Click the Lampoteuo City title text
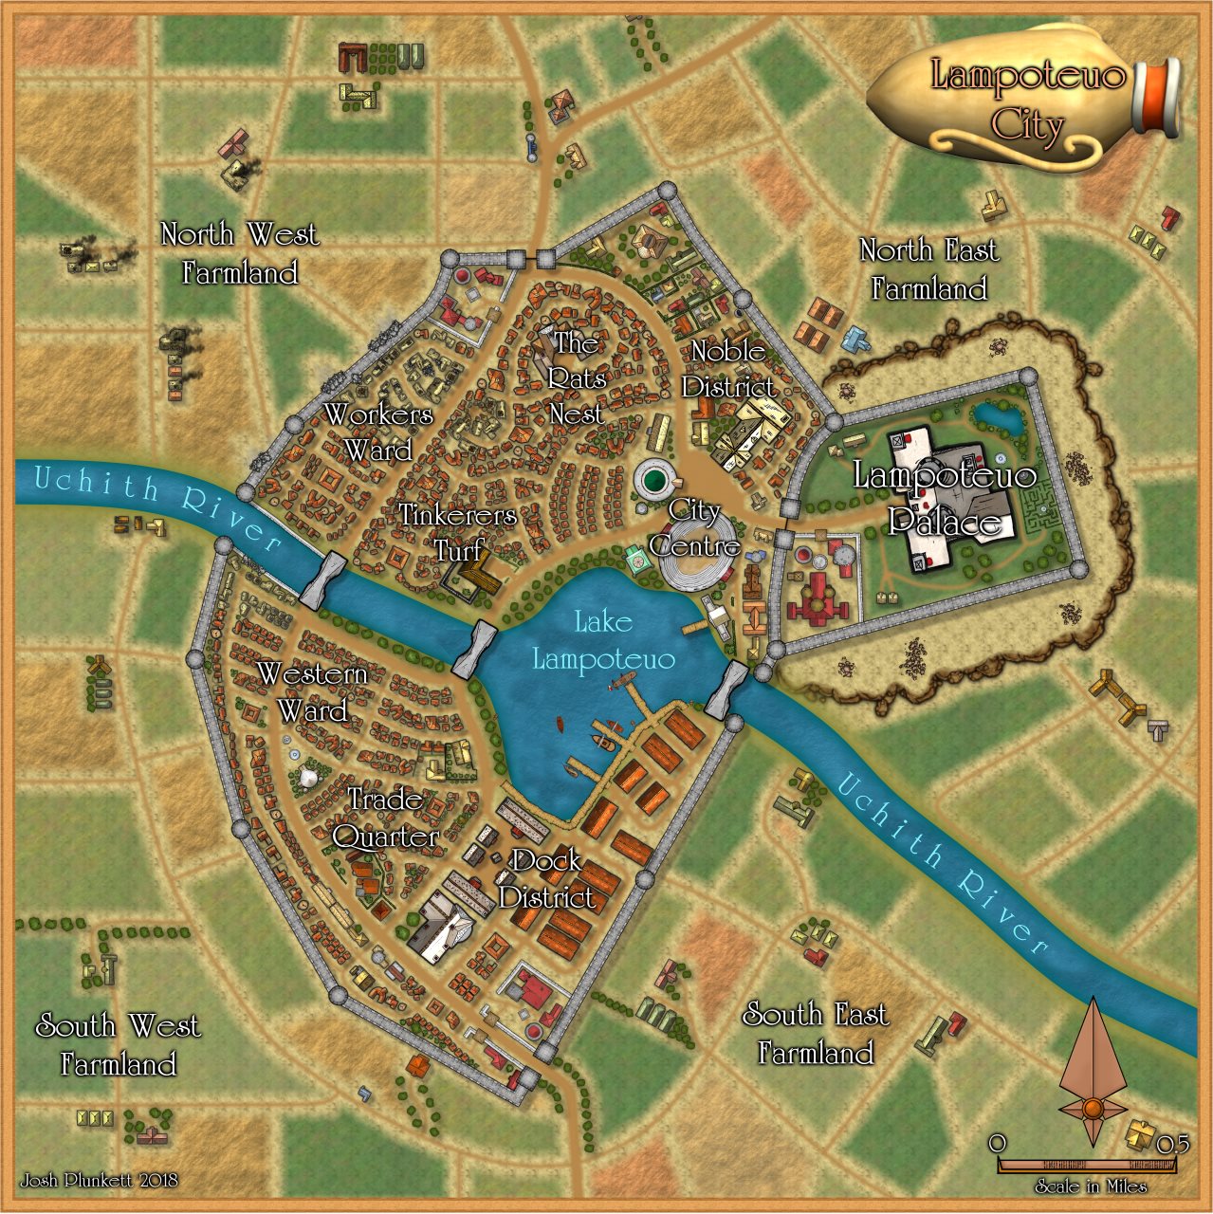(1027, 99)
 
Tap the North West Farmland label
(240, 253)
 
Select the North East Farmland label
(928, 268)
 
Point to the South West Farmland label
(119, 1044)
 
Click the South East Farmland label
(816, 1033)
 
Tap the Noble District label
(727, 368)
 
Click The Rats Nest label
(577, 377)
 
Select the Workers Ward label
(378, 432)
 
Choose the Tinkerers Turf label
(458, 532)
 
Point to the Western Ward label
(312, 691)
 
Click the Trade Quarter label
(386, 817)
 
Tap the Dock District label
(547, 878)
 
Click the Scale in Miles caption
(1091, 1186)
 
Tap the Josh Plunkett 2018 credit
(99, 1181)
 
